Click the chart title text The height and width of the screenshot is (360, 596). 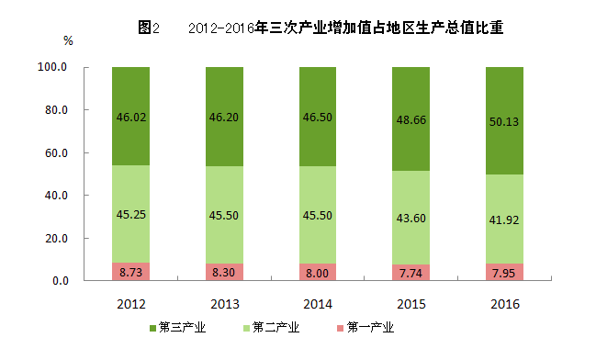pyautogui.click(x=320, y=28)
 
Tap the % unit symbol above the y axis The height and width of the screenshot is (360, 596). pyautogui.click(x=68, y=40)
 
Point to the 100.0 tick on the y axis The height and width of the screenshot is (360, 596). pyautogui.click(x=52, y=67)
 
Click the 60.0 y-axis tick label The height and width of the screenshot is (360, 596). pyautogui.click(x=56, y=152)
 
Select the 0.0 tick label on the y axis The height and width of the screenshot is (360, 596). pyautogui.click(x=61, y=281)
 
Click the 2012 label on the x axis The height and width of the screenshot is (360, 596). pyautogui.click(x=131, y=304)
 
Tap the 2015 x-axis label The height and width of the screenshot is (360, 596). pyautogui.click(x=411, y=304)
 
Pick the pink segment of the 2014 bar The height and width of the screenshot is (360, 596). pyautogui.click(x=318, y=272)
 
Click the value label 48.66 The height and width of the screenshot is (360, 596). pyautogui.click(x=411, y=120)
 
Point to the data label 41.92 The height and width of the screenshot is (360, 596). pyautogui.click(x=504, y=220)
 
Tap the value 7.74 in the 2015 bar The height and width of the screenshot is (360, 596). pyautogui.click(x=410, y=274)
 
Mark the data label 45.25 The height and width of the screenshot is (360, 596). pyautogui.click(x=131, y=215)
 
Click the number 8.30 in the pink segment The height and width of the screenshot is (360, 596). pyautogui.click(x=223, y=273)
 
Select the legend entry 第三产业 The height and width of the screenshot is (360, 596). pyautogui.click(x=178, y=327)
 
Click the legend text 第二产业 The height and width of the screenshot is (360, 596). pyautogui.click(x=276, y=327)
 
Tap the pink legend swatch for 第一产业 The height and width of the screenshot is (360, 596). pyautogui.click(x=340, y=328)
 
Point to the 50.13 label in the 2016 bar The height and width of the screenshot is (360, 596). pyautogui.click(x=504, y=121)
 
